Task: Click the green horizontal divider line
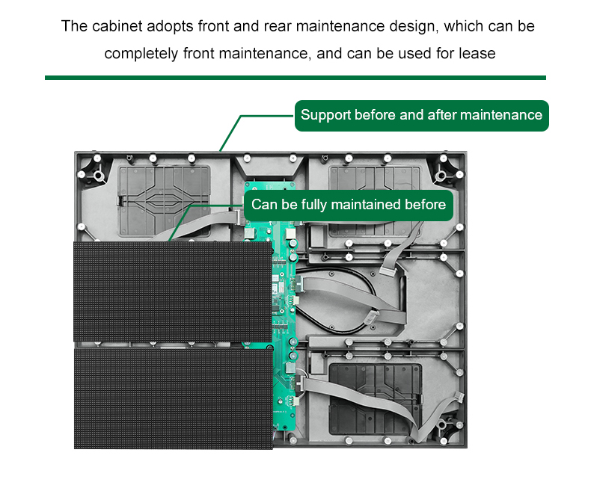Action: (295, 77)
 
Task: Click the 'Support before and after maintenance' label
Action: (421, 115)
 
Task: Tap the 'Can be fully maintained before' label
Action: (348, 205)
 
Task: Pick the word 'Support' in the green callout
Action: (325, 115)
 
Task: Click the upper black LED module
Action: (172, 291)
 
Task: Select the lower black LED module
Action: (172, 397)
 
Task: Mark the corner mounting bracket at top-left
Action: (94, 170)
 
